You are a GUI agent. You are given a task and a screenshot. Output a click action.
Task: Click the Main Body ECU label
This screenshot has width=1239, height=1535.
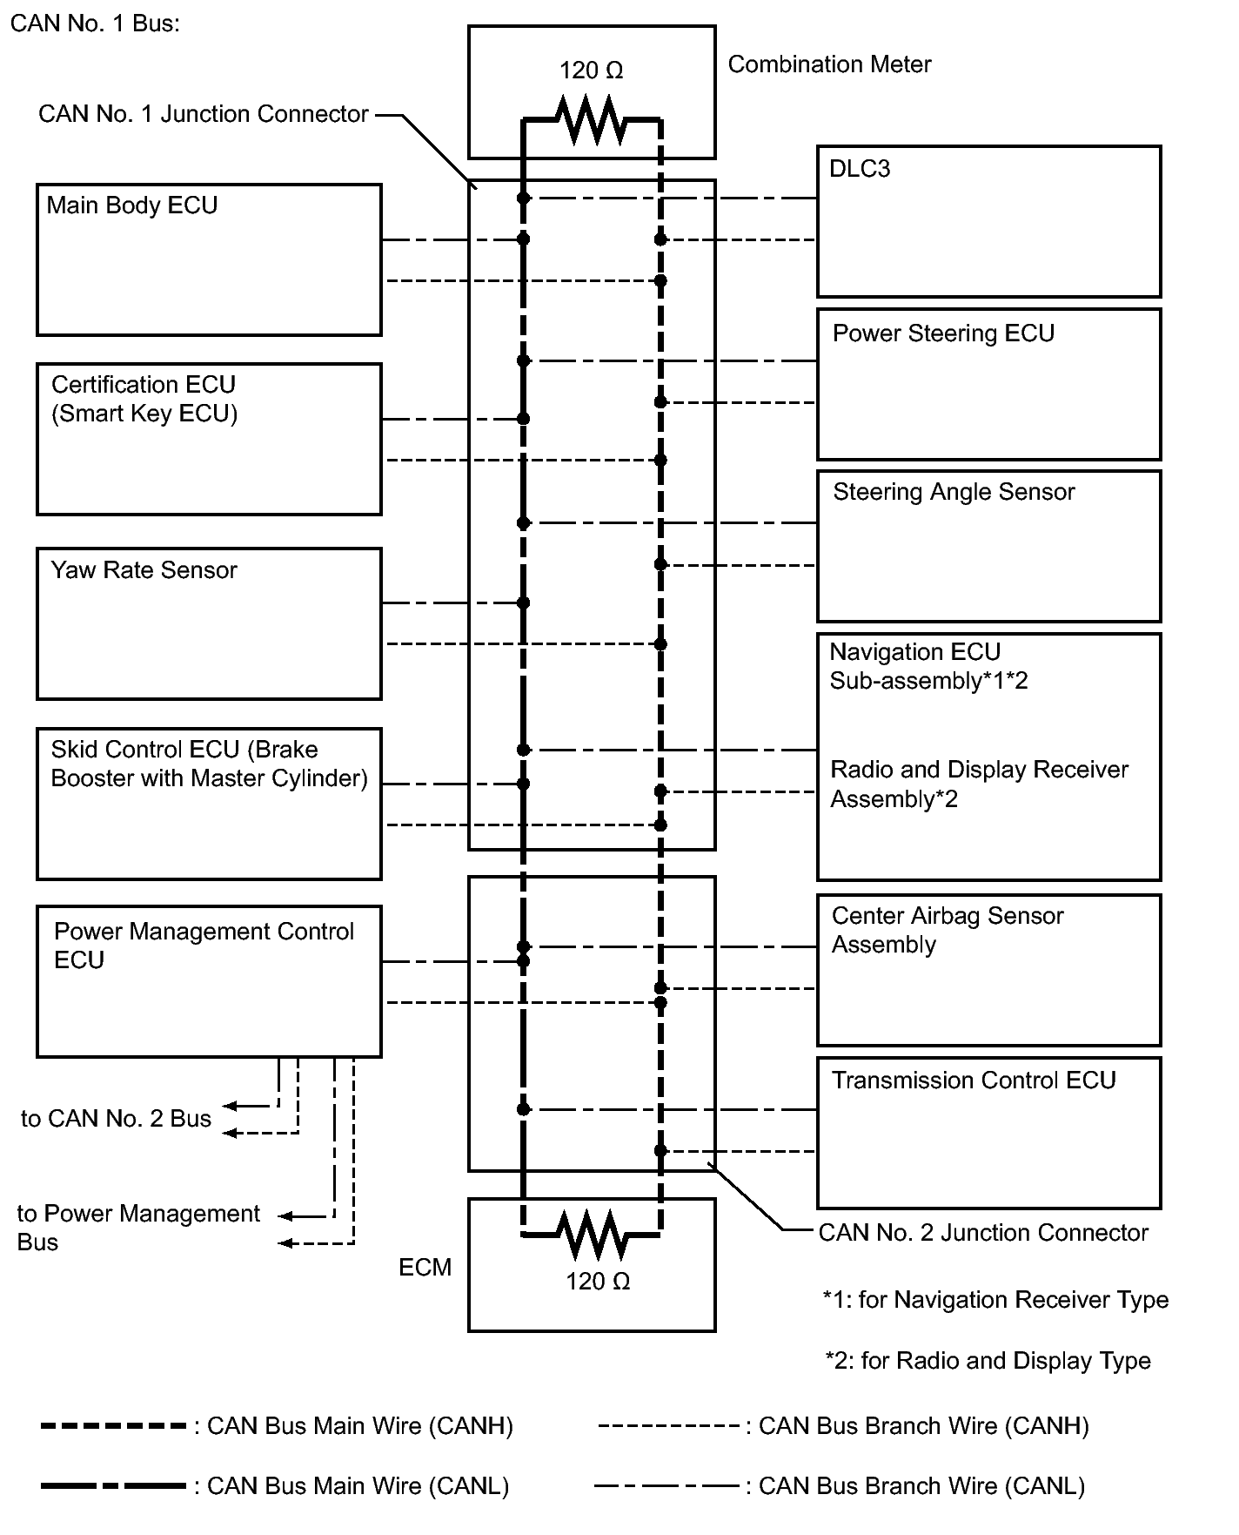click(x=131, y=205)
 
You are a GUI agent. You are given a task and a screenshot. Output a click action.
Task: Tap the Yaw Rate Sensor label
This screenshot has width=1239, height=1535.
click(x=144, y=570)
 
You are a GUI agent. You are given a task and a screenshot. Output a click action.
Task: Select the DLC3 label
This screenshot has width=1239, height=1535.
click(x=860, y=169)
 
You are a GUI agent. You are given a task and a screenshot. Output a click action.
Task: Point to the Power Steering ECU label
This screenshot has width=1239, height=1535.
click(x=943, y=333)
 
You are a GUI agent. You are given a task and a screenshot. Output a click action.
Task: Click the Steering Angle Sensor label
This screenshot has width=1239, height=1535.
click(x=954, y=492)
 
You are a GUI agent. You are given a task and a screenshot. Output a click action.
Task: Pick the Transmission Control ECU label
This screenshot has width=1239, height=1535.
click(x=973, y=1081)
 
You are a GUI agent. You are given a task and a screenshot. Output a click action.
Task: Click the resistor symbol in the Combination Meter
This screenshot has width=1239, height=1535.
click(x=592, y=120)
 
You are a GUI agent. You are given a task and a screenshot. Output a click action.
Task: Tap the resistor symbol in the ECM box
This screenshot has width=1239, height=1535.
click(x=592, y=1234)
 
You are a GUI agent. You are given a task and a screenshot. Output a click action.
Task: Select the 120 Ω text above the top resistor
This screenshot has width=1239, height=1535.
click(x=591, y=71)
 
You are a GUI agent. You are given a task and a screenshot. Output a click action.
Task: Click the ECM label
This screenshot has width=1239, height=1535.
click(x=425, y=1268)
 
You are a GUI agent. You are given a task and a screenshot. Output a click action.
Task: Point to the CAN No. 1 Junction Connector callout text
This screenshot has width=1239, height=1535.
click(x=204, y=114)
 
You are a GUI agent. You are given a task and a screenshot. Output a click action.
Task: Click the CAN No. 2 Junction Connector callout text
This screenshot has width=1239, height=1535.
click(x=983, y=1233)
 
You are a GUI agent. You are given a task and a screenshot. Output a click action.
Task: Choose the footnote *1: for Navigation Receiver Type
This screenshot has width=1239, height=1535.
click(x=995, y=1300)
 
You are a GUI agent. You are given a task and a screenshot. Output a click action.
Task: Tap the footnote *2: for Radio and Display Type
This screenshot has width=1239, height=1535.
click(x=988, y=1361)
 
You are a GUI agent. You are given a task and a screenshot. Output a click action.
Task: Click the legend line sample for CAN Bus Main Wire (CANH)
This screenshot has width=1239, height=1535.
click(x=113, y=1426)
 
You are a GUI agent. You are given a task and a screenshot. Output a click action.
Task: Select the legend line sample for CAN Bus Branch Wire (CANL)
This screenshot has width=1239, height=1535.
click(x=666, y=1486)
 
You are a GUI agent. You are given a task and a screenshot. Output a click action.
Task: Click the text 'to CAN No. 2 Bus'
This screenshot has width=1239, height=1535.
click(x=116, y=1119)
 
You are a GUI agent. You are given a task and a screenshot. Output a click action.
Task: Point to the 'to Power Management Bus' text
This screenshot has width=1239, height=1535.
click(x=138, y=1228)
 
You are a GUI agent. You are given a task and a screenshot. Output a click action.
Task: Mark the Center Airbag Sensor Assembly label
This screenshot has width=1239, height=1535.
click(x=947, y=930)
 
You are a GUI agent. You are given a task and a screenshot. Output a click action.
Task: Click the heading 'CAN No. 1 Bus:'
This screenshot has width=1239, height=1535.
click(x=95, y=24)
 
